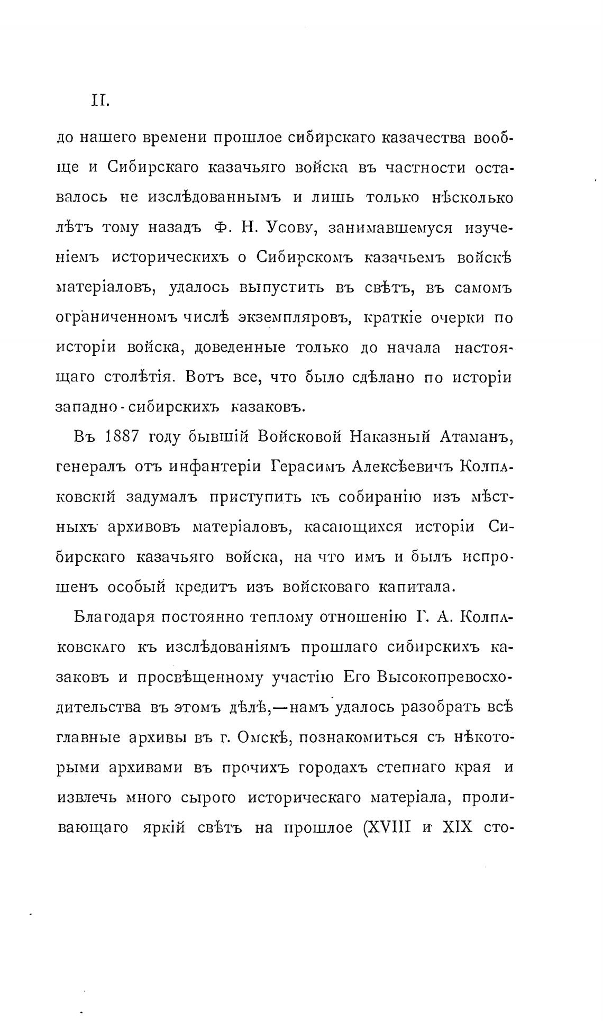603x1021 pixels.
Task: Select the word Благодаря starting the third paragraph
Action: coord(109,617)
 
